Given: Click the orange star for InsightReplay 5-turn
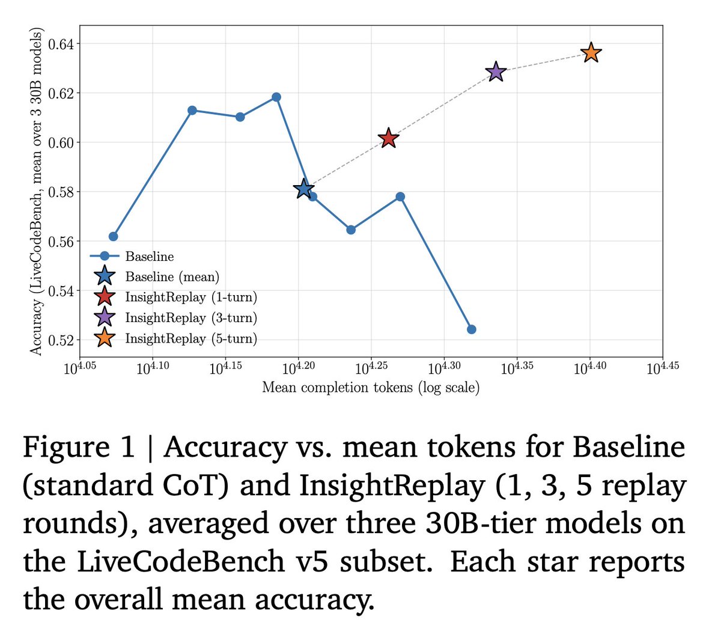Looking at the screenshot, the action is [591, 53].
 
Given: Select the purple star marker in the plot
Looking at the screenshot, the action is [496, 72].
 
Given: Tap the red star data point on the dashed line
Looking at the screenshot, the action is [388, 138].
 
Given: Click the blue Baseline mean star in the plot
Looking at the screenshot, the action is [303, 189].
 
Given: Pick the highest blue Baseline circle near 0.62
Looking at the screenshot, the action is [276, 97].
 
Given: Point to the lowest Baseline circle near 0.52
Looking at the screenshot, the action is [472, 329].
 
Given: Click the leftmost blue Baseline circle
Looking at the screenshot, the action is [113, 236].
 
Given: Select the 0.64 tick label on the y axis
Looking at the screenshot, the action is [61, 44].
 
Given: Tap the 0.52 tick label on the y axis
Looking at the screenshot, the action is [61, 341].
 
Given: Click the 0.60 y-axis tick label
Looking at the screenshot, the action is [61, 143].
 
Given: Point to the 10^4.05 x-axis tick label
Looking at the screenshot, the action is [80, 368].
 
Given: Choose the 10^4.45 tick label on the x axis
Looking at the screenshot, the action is [663, 368].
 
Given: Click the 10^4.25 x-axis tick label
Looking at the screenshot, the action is [371, 368].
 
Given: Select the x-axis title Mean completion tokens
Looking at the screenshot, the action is [371, 387].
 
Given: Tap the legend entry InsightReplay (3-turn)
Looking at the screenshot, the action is [191, 317].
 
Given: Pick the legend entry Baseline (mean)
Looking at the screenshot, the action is [172, 276].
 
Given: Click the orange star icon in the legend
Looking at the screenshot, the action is [105, 338].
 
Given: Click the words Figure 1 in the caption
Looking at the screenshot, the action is [79, 447].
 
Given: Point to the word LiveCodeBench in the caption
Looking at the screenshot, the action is [180, 562].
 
